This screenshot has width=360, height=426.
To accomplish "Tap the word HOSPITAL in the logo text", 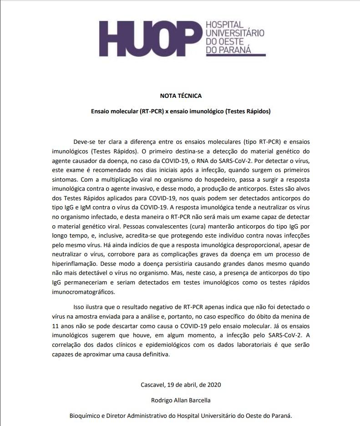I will (x=225, y=24).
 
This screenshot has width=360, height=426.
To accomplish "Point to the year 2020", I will (x=213, y=384).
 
